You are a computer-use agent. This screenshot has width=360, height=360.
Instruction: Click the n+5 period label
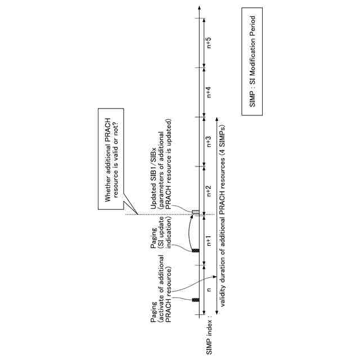(209, 43)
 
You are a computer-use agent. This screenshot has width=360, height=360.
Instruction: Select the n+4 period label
(209, 92)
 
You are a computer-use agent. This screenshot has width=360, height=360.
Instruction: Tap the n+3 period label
(209, 142)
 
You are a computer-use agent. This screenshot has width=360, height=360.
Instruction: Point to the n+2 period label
(209, 191)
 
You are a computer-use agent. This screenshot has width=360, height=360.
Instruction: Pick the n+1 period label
(209, 241)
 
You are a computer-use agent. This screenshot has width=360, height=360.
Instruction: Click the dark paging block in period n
(196, 300)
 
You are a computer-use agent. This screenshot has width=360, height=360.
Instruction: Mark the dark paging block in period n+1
(196, 250)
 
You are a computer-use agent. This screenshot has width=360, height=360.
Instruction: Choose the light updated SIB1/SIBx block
(196, 211)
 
